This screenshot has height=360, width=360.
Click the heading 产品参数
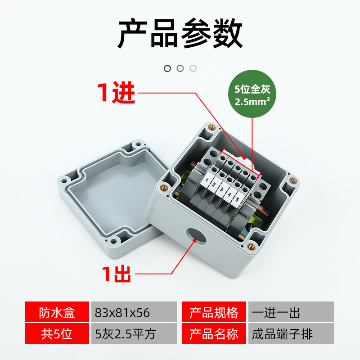[x=180, y=33]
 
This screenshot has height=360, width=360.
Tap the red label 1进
[x=116, y=92]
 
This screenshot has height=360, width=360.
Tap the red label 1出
[x=117, y=274]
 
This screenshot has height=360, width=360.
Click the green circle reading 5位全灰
[x=252, y=94]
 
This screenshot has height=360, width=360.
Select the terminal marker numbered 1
[x=206, y=180]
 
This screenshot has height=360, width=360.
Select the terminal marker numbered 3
[x=221, y=189]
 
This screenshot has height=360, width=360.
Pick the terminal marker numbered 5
[x=237, y=199]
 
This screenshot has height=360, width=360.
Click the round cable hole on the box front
[x=196, y=236]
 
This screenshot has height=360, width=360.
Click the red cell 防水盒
[x=57, y=312]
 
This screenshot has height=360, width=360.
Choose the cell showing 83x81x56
[x=134, y=312]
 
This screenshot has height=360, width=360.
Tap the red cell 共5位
[x=57, y=333]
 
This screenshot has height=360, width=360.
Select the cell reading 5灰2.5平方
[x=134, y=333]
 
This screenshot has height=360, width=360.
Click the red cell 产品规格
[x=214, y=312]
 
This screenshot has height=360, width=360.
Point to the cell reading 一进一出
[x=291, y=312]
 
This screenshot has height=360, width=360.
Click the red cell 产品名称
[x=214, y=333]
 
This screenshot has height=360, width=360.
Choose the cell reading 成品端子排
[x=291, y=333]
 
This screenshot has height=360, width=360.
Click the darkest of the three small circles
[x=167, y=68]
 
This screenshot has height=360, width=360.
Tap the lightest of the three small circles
[x=193, y=68]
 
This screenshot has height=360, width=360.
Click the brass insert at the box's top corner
[x=211, y=127]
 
